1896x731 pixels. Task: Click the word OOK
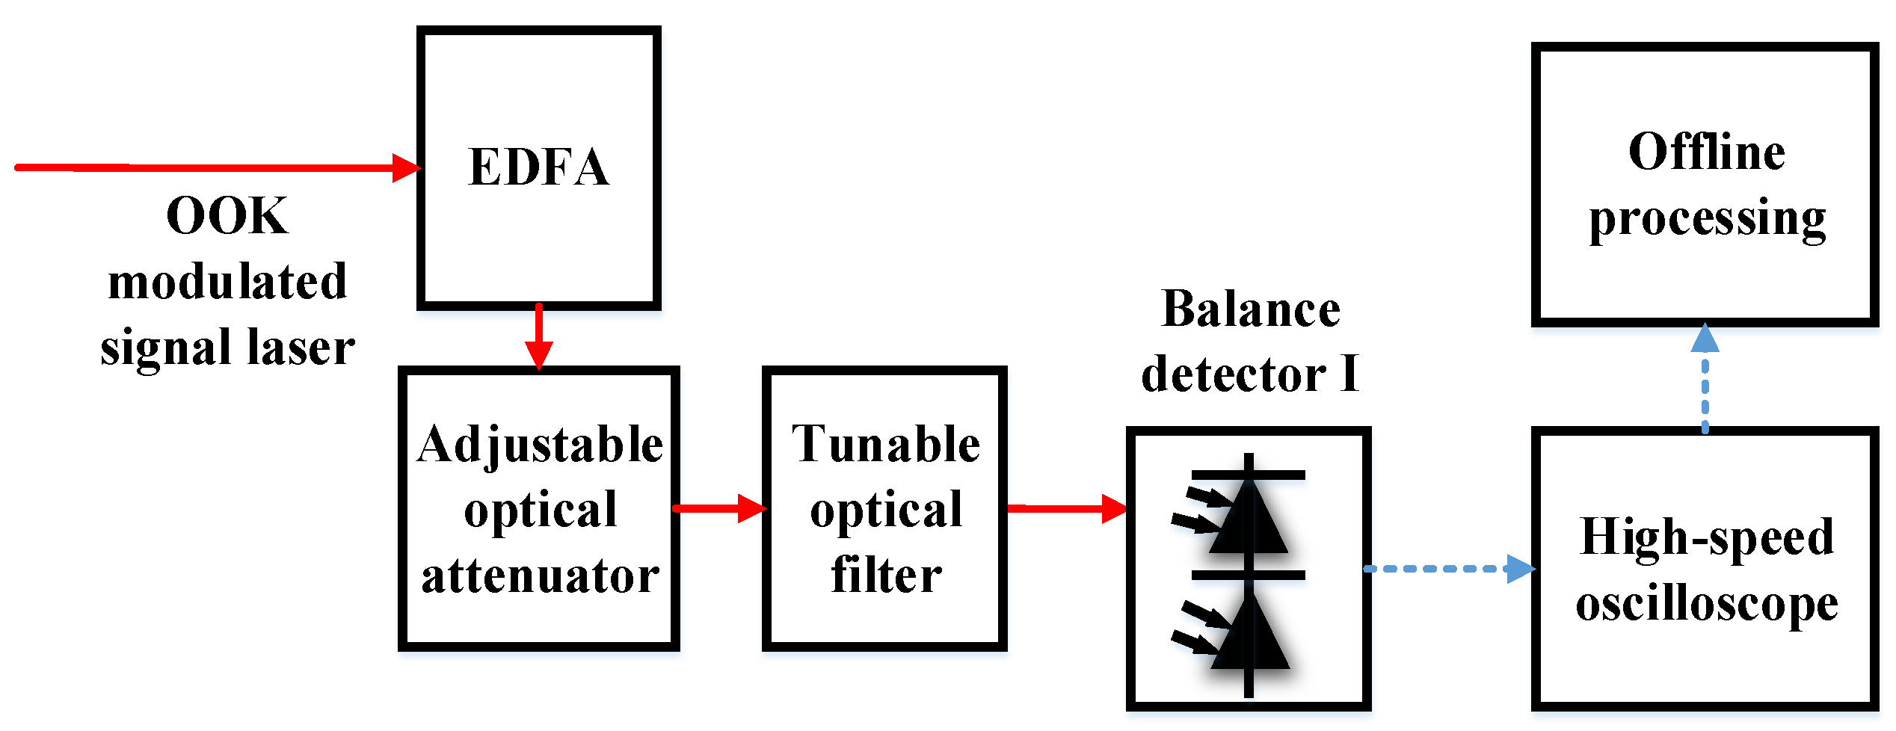point(227,216)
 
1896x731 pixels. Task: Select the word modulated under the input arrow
point(227,282)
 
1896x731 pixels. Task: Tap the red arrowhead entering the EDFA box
point(406,167)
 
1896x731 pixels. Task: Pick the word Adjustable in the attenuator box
point(540,444)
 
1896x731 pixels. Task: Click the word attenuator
point(540,576)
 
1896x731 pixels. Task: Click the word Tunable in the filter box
point(886,444)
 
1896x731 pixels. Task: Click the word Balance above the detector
point(1251,309)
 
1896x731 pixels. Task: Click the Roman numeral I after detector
point(1349,374)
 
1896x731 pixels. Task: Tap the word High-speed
point(1707,536)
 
